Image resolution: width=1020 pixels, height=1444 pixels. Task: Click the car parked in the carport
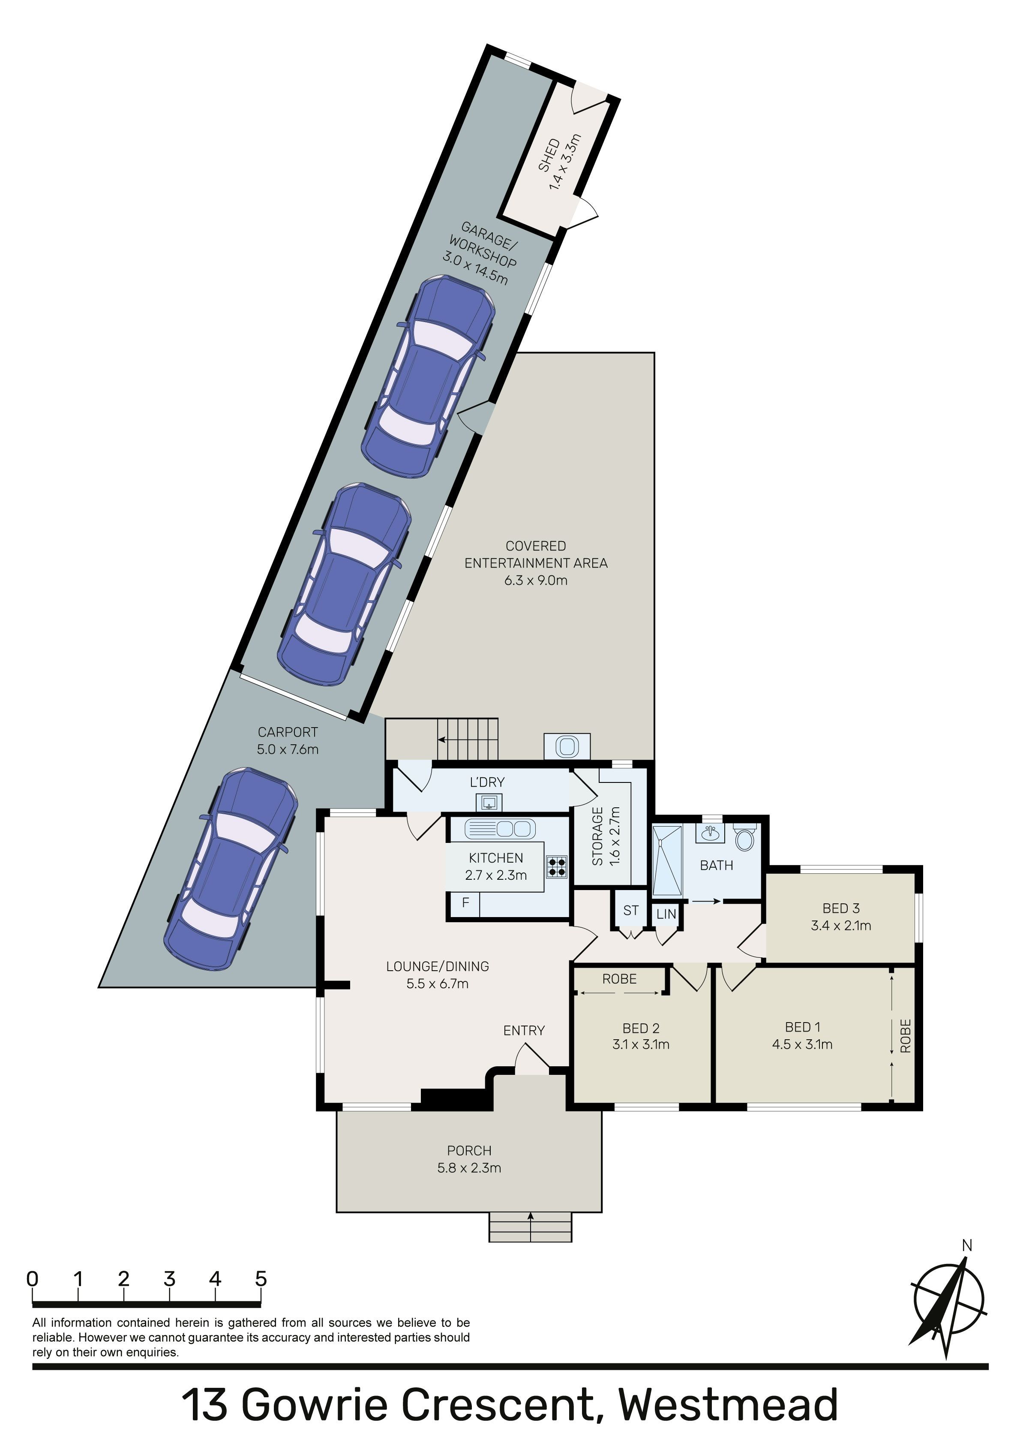pyautogui.click(x=231, y=869)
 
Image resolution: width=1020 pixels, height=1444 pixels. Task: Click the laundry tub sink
pyautogui.click(x=489, y=803)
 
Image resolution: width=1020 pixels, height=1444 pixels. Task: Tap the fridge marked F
pyautogui.click(x=465, y=903)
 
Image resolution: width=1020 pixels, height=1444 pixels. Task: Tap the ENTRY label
pyautogui.click(x=524, y=1030)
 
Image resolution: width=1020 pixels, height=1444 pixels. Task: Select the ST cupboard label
pyautogui.click(x=631, y=910)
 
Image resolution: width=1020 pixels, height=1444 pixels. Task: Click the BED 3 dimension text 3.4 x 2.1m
pyautogui.click(x=841, y=925)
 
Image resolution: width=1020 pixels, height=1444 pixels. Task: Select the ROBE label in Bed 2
pyautogui.click(x=619, y=978)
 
